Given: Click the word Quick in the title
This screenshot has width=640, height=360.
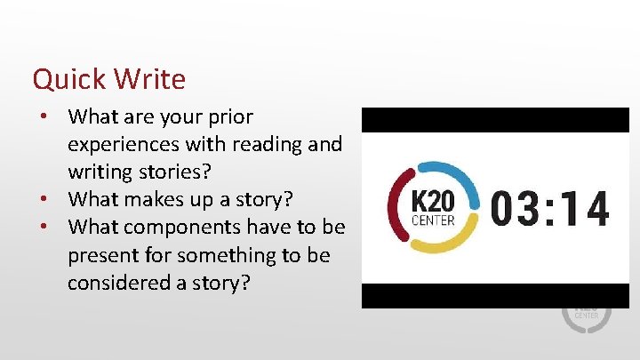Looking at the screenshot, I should click(71, 80).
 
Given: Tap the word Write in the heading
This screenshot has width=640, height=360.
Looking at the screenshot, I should click(150, 80).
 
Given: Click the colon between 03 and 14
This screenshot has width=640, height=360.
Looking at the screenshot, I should click(552, 209).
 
